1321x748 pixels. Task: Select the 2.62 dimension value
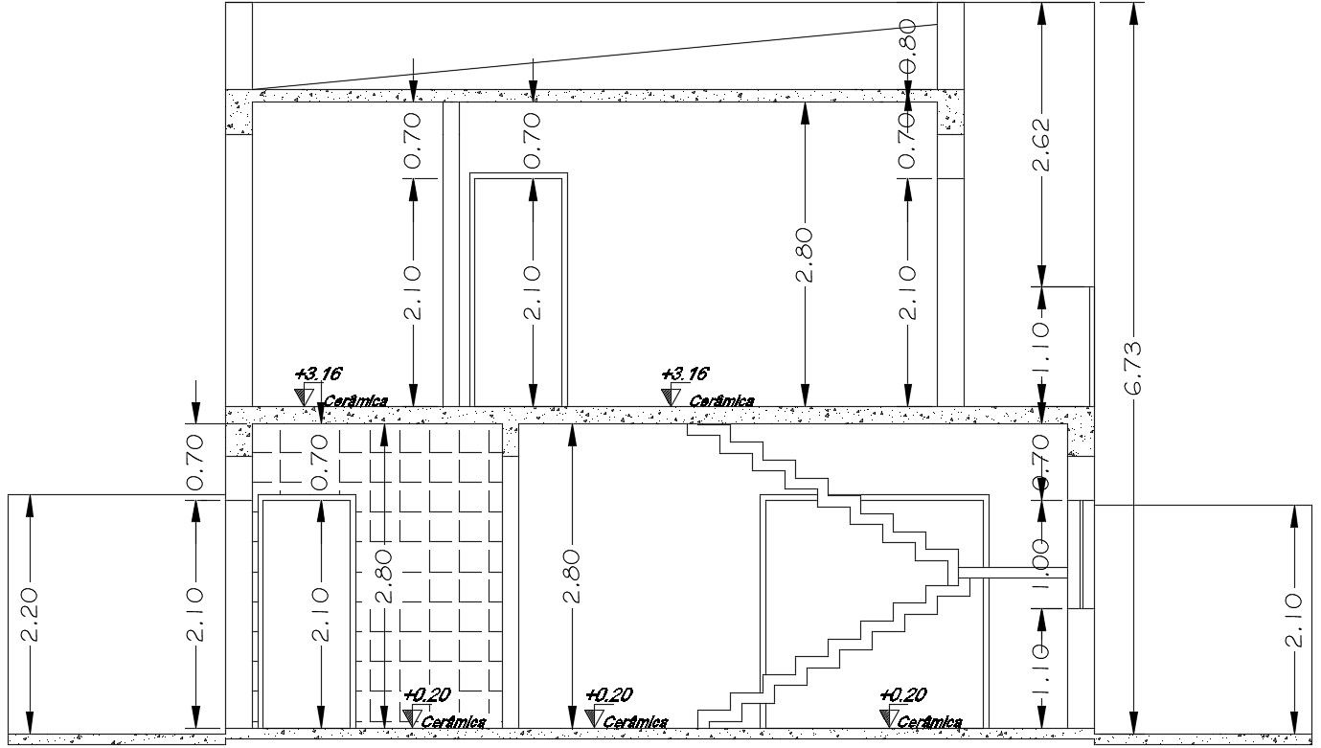coord(1041,144)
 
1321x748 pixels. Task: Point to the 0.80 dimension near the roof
coord(907,40)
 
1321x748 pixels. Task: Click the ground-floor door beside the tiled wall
coord(307,613)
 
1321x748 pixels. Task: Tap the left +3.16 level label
coord(318,374)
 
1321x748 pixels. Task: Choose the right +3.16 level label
coord(685,374)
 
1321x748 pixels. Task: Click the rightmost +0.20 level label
coord(902,695)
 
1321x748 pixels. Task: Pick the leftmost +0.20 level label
coord(426,695)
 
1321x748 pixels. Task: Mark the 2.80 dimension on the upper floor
coord(805,254)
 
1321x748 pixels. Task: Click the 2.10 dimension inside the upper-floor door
coord(533,292)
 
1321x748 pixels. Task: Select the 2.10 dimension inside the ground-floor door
coord(320,614)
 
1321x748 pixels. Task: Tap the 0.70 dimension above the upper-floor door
coord(533,140)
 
